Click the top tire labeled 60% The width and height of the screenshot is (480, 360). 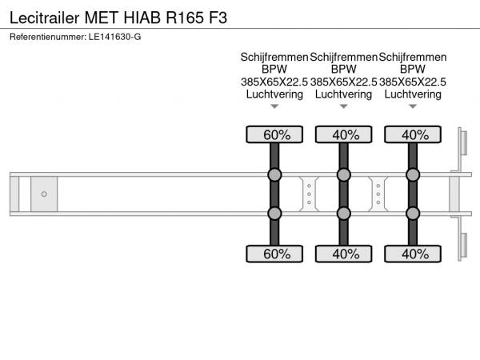tap(274, 134)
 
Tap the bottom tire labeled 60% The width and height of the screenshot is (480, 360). tap(274, 254)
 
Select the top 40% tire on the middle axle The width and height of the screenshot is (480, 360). tap(344, 134)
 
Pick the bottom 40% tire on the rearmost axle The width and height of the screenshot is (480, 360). tap(413, 254)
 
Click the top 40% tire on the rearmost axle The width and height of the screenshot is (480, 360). tap(413, 134)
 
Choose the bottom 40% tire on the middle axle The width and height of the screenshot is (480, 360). tap(344, 254)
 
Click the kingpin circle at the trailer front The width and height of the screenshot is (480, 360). tap(44, 194)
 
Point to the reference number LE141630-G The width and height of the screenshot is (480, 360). tap(114, 37)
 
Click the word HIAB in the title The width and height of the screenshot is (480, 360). tap(142, 18)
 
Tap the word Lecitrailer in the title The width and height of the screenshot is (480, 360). tap(45, 18)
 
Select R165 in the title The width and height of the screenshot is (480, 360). tap(185, 18)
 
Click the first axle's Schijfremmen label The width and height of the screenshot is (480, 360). tap(274, 58)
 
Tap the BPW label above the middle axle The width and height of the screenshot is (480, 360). tap(344, 69)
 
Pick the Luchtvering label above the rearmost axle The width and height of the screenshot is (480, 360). tap(413, 94)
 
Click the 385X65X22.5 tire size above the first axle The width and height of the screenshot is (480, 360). tap(274, 82)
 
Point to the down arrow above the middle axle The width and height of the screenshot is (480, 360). tap(344, 106)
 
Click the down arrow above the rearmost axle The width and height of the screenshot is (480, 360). tap(413, 106)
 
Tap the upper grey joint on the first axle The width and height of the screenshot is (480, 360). tap(274, 174)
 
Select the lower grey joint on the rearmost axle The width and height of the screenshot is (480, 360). tap(413, 214)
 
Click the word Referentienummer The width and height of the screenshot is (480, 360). tap(48, 37)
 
